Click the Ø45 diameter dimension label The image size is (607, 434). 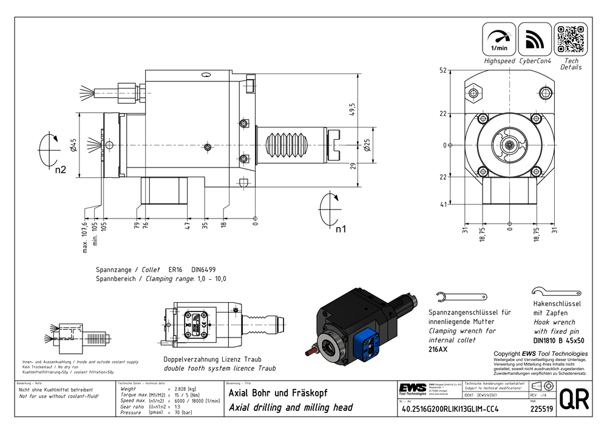71,146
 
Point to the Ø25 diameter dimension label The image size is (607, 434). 368,146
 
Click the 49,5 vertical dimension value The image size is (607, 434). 351,107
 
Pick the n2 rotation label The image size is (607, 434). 60,171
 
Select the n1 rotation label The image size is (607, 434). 341,229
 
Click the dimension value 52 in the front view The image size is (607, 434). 443,70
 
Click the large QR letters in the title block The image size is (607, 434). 573,399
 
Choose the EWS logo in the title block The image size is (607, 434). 412,388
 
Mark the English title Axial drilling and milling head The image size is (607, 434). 290,407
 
